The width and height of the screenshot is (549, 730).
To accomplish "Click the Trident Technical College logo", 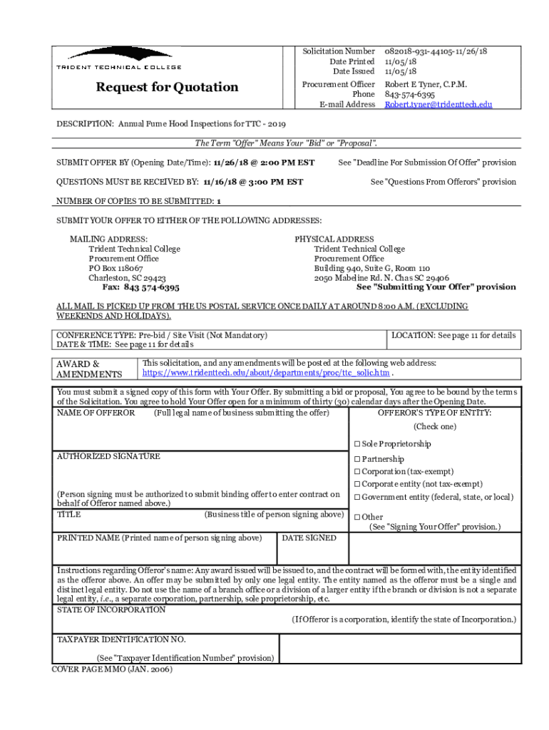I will (119, 58).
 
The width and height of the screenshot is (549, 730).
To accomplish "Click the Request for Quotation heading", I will (168, 87).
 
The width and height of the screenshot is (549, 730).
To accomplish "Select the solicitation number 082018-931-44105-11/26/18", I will (436, 51).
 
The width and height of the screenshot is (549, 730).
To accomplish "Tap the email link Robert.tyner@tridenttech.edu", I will (438, 104).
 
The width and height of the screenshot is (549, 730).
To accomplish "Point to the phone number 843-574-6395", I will (410, 94).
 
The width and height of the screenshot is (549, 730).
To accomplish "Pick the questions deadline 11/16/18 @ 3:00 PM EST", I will (253, 182).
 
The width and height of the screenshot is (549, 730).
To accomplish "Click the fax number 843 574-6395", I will (151, 287).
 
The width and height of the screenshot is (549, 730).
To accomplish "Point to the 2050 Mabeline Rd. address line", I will (381, 278).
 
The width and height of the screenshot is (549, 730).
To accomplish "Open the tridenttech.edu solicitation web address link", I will (267, 373).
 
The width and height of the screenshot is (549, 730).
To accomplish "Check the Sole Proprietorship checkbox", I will (356, 444).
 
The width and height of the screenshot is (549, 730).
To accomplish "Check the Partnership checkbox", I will (356, 460).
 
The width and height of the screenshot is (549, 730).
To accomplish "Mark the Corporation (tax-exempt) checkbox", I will (356, 472).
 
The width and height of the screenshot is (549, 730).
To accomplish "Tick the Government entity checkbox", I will (356, 498).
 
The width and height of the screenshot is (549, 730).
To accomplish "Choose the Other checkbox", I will (356, 518).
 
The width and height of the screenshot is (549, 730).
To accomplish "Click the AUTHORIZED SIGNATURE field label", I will (108, 456).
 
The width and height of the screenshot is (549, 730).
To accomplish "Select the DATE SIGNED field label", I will (309, 538).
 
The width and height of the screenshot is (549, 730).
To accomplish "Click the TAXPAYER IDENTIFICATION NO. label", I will (121, 639).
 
